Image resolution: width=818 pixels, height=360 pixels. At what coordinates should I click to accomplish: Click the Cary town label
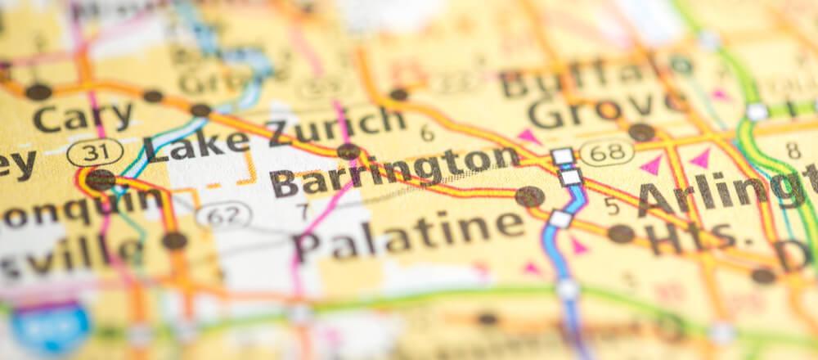(82, 118)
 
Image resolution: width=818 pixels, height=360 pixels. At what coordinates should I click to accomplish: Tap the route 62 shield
(223, 215)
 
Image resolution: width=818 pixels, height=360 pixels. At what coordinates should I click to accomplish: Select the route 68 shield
(606, 151)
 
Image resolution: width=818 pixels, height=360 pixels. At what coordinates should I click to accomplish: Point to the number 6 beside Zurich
(428, 133)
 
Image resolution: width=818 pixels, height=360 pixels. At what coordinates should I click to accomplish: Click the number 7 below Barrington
(303, 211)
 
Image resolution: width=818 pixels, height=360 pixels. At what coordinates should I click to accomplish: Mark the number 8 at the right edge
(793, 151)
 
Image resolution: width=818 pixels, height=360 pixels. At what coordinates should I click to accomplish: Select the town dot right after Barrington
(529, 196)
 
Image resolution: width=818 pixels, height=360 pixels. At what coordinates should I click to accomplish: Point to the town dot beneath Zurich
(348, 151)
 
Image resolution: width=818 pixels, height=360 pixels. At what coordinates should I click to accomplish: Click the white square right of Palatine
(560, 219)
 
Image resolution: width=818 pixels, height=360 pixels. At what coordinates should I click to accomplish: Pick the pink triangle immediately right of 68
(651, 165)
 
